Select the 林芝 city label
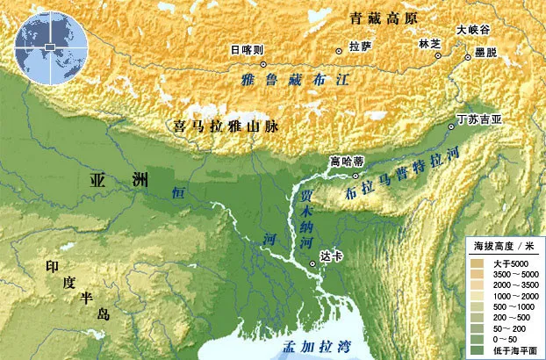pos(429,43)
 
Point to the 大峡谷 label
pos(472,29)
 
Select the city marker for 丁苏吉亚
pos(451,126)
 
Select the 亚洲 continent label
pos(119,181)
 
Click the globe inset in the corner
pos(50,43)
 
